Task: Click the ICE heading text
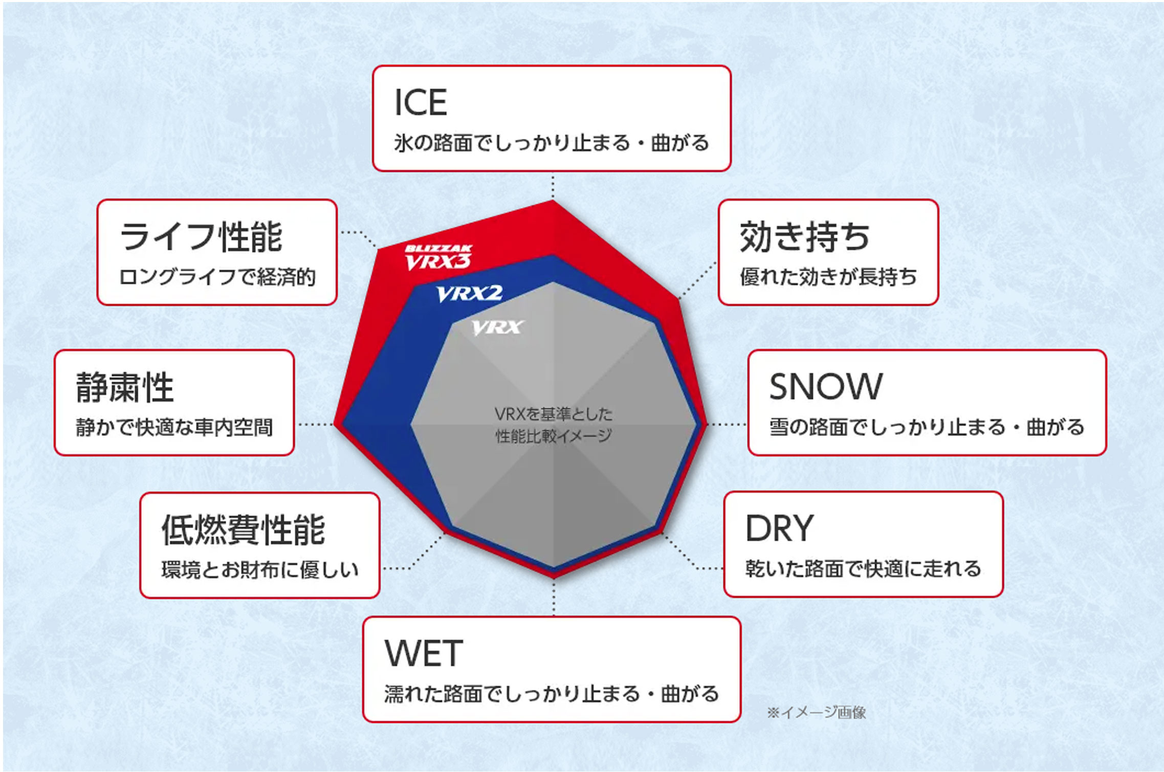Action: pyautogui.click(x=421, y=102)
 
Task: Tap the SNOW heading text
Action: pyautogui.click(x=826, y=386)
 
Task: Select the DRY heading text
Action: pyautogui.click(x=779, y=528)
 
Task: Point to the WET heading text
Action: pyautogui.click(x=424, y=653)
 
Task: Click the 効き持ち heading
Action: pyautogui.click(x=805, y=237)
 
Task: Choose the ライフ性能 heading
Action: pyautogui.click(x=201, y=237)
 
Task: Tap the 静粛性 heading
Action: pyautogui.click(x=125, y=387)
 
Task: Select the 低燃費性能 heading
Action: pyautogui.click(x=243, y=530)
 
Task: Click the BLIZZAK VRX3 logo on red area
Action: pyautogui.click(x=438, y=257)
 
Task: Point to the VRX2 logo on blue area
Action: pyautogui.click(x=469, y=294)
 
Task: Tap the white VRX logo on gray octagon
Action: pyautogui.click(x=497, y=327)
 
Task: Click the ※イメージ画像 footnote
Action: pyautogui.click(x=817, y=712)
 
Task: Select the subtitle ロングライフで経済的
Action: pyautogui.click(x=217, y=277)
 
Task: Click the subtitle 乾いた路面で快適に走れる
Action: pyautogui.click(x=863, y=568)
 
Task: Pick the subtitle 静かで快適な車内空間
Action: pyautogui.click(x=174, y=427)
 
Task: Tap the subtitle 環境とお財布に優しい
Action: pyautogui.click(x=260, y=569)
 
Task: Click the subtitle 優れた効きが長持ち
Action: pyautogui.click(x=828, y=277)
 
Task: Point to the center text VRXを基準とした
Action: pyautogui.click(x=554, y=414)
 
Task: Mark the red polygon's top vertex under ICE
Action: pyautogui.click(x=553, y=201)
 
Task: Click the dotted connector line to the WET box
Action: pyautogui.click(x=554, y=598)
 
